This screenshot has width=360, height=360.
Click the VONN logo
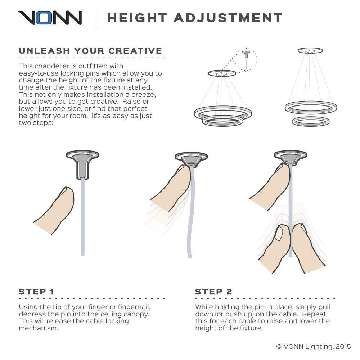click(x=50, y=18)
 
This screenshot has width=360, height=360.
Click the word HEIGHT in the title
click(x=137, y=18)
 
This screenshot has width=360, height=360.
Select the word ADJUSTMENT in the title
click(x=228, y=18)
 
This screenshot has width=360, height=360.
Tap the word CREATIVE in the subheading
click(x=135, y=51)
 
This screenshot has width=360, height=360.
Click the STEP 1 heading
click(x=36, y=292)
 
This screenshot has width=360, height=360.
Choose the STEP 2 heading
click(x=213, y=292)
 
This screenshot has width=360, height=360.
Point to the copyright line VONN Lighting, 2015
click(x=314, y=346)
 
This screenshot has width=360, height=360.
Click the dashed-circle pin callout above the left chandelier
click(x=246, y=59)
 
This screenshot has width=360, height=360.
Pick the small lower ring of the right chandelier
click(x=311, y=121)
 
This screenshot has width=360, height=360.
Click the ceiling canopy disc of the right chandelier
click(x=310, y=50)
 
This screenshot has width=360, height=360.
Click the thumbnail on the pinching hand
click(x=279, y=234)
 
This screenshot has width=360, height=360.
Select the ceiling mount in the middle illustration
click(x=191, y=159)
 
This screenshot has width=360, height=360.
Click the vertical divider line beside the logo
click(x=96, y=18)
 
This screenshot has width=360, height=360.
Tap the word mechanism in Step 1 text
click(x=39, y=328)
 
